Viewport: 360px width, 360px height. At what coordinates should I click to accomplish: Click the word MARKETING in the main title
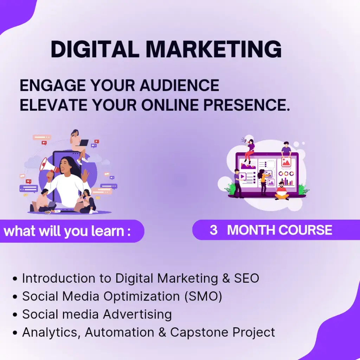(x=213, y=49)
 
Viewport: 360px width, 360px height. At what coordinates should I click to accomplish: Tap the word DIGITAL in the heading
(x=95, y=49)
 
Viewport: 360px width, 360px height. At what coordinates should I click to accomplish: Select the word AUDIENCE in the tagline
(x=179, y=85)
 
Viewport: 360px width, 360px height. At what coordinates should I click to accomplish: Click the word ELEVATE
(x=53, y=105)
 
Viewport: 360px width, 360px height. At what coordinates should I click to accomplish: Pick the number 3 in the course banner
(x=213, y=230)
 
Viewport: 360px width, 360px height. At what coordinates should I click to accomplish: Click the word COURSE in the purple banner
(x=306, y=230)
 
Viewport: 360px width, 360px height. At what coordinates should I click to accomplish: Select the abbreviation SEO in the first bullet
(x=246, y=278)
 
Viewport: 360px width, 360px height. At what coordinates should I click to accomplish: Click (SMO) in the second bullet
(x=204, y=296)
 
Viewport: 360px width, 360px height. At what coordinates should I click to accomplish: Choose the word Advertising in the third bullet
(x=137, y=314)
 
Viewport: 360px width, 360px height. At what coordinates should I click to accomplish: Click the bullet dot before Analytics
(x=15, y=333)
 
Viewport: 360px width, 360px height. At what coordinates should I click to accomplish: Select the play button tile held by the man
(x=243, y=176)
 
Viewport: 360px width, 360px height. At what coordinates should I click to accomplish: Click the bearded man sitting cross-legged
(x=282, y=191)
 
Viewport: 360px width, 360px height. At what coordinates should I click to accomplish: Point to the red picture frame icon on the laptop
(x=286, y=162)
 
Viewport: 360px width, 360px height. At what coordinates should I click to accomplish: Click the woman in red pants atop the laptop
(x=249, y=150)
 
